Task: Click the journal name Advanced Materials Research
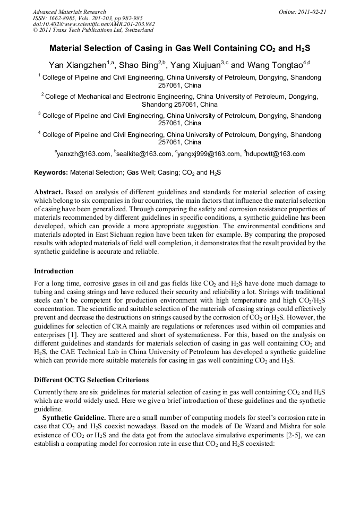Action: click(x=69, y=12)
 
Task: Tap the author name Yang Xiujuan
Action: click(x=199, y=65)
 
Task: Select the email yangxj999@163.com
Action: click(x=209, y=154)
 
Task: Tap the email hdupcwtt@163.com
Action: click(x=276, y=154)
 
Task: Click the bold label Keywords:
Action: click(x=51, y=172)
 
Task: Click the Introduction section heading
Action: click(x=54, y=271)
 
